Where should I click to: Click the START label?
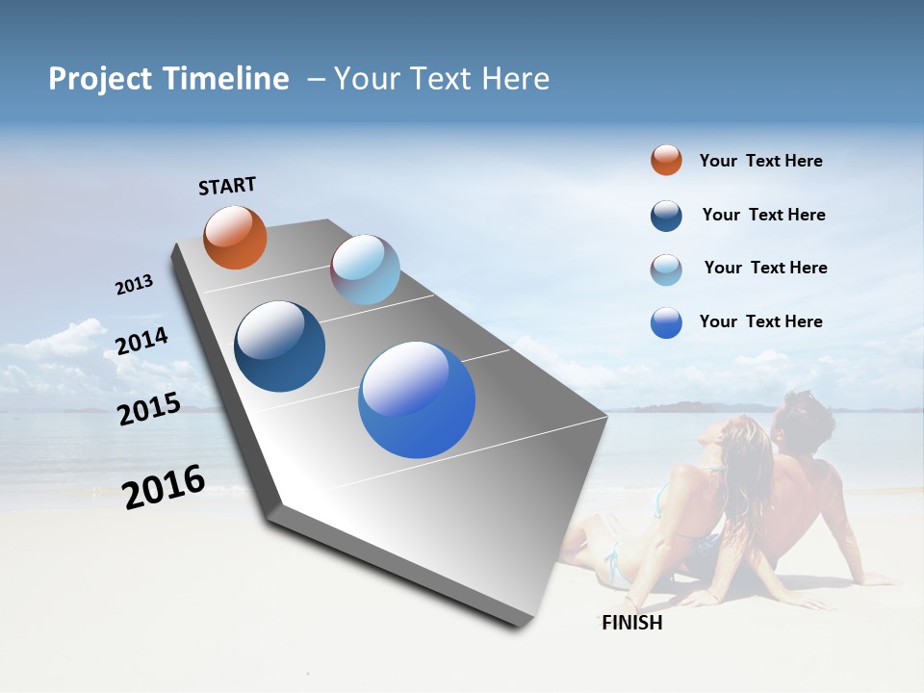pyautogui.click(x=227, y=186)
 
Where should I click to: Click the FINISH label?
pyautogui.click(x=632, y=623)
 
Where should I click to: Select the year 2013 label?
pyautogui.click(x=134, y=285)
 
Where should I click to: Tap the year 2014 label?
pyautogui.click(x=141, y=341)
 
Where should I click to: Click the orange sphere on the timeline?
pyautogui.click(x=235, y=237)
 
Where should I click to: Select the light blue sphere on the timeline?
pyautogui.click(x=365, y=269)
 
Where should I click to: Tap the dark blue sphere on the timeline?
pyautogui.click(x=279, y=346)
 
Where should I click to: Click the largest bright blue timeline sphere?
pyautogui.click(x=417, y=399)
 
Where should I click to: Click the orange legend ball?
pyautogui.click(x=666, y=161)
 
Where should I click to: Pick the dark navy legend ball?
pyautogui.click(x=666, y=216)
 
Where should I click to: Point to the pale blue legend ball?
pyautogui.click(x=666, y=269)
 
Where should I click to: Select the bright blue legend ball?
pyautogui.click(x=666, y=322)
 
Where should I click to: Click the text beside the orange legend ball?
pyautogui.click(x=760, y=162)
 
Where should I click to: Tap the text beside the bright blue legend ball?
pyautogui.click(x=760, y=321)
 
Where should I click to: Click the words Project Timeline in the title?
pyautogui.click(x=168, y=79)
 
